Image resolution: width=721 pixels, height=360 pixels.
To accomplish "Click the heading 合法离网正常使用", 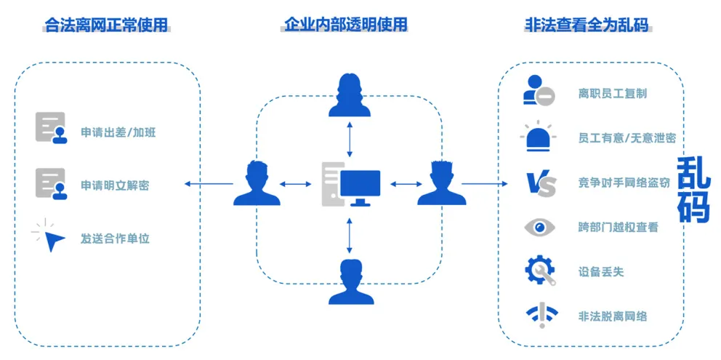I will (106, 25).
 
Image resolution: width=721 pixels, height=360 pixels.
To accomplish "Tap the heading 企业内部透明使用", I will (345, 25).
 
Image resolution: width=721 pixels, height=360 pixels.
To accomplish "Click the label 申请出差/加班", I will (118, 133).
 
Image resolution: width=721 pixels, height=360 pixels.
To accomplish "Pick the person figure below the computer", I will (351, 282).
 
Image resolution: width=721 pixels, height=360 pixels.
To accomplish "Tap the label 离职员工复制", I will (612, 93).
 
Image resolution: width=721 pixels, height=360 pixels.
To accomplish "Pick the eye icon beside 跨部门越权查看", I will (539, 227).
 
